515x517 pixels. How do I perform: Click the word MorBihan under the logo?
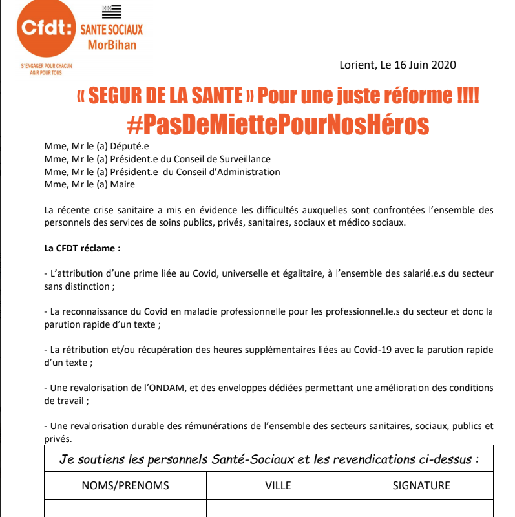(112, 44)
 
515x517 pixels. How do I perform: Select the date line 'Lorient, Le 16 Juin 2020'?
(397, 65)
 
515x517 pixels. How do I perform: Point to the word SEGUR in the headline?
(114, 96)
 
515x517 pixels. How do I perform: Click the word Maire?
(123, 185)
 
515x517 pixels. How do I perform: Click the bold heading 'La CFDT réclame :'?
(82, 248)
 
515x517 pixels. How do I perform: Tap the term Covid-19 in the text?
(371, 350)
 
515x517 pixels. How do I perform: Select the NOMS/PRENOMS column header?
(125, 485)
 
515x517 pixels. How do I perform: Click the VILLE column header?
(278, 485)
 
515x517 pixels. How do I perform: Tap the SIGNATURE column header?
(421, 485)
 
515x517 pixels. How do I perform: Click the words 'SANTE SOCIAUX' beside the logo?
(111, 29)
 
